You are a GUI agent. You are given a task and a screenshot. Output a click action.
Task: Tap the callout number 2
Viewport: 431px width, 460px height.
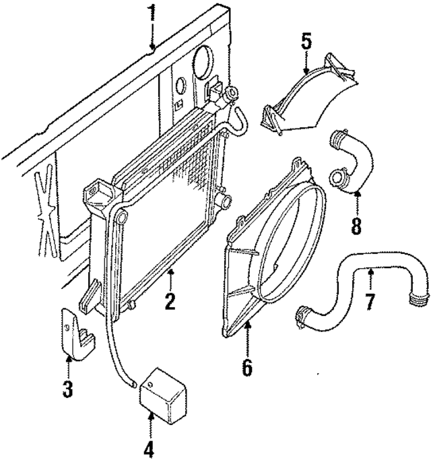click(x=170, y=300)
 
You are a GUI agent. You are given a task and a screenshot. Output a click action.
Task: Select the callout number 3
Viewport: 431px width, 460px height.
click(x=67, y=389)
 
